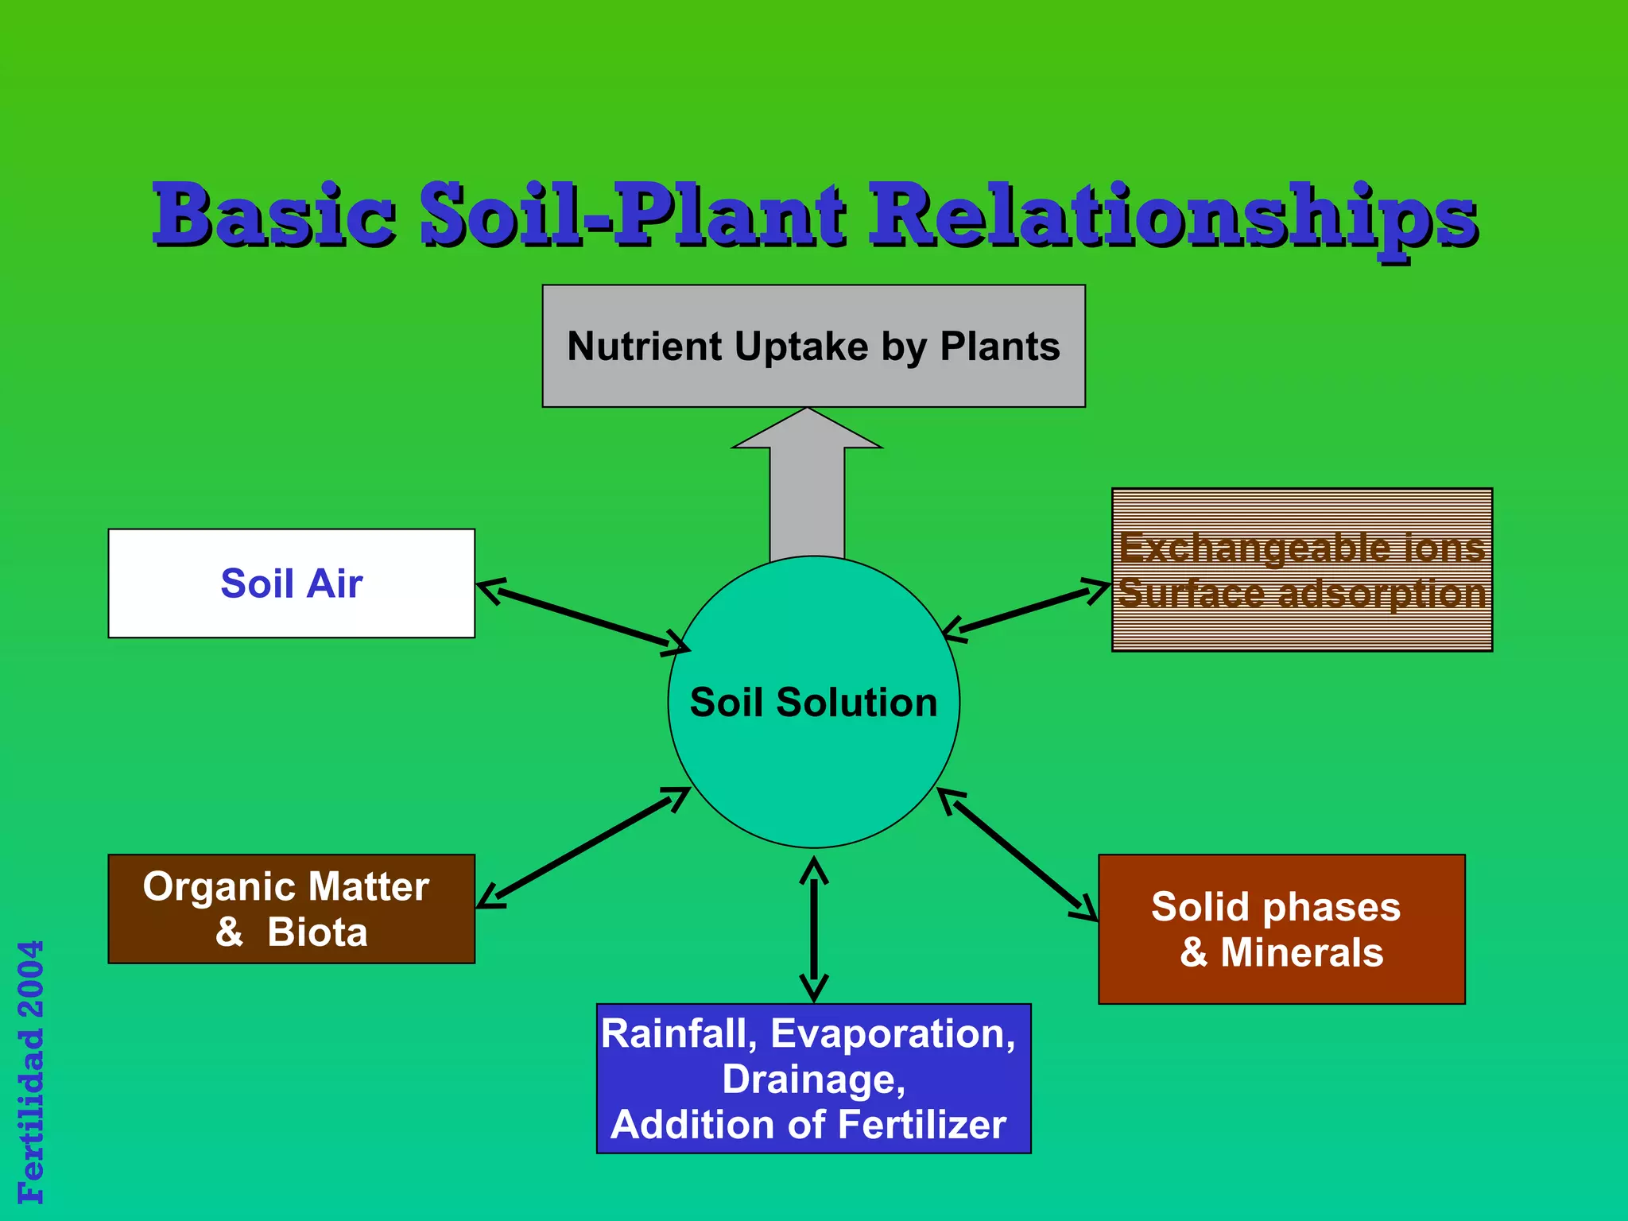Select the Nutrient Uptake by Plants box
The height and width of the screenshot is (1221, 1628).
point(813,346)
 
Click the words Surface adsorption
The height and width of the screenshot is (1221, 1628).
point(1301,594)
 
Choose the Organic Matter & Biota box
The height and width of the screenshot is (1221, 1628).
point(291,909)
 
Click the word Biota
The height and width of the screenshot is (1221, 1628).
point(318,932)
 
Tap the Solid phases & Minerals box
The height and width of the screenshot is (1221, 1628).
point(1281,928)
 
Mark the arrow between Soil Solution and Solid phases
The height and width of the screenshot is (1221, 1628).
point(1017,855)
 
